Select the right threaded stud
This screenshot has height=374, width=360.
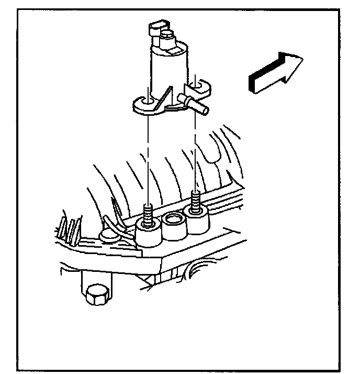click(196, 202)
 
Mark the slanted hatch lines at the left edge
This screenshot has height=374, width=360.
click(70, 227)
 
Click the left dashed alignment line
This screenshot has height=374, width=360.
click(149, 157)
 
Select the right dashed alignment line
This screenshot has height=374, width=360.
click(196, 152)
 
